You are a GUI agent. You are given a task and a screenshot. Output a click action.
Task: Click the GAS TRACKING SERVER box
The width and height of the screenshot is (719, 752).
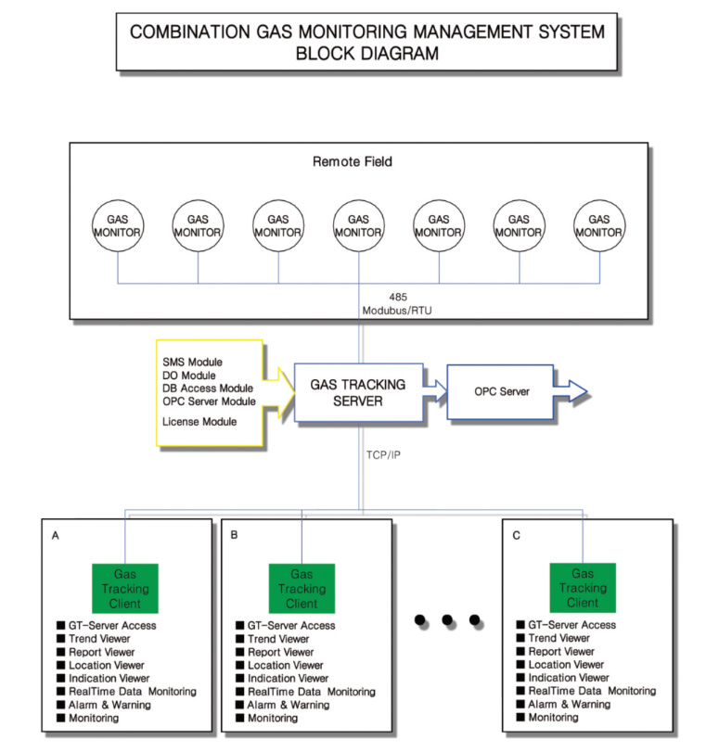coord(359,392)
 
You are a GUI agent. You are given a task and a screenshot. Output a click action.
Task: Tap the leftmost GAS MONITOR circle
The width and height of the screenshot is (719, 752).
coord(117,225)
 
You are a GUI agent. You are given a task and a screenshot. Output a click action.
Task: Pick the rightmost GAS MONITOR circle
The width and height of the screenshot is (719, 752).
coord(598,225)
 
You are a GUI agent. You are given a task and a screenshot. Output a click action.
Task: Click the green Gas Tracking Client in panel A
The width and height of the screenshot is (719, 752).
coord(125,589)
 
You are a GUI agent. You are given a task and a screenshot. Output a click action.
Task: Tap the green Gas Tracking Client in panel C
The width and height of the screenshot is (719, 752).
coord(583,589)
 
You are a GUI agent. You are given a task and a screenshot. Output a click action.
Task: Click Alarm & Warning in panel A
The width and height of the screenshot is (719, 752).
coord(109,705)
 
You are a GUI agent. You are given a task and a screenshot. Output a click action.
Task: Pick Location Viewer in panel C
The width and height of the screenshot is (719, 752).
coord(566,664)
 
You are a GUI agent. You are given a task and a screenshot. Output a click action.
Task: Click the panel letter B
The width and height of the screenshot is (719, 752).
coord(234,535)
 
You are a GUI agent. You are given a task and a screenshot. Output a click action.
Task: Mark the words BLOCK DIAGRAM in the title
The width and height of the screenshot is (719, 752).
coord(366,53)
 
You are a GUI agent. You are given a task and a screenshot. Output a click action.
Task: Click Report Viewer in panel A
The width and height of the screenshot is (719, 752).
coord(103,652)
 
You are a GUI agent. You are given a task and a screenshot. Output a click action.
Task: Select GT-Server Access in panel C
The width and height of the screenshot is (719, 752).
coord(572,625)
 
